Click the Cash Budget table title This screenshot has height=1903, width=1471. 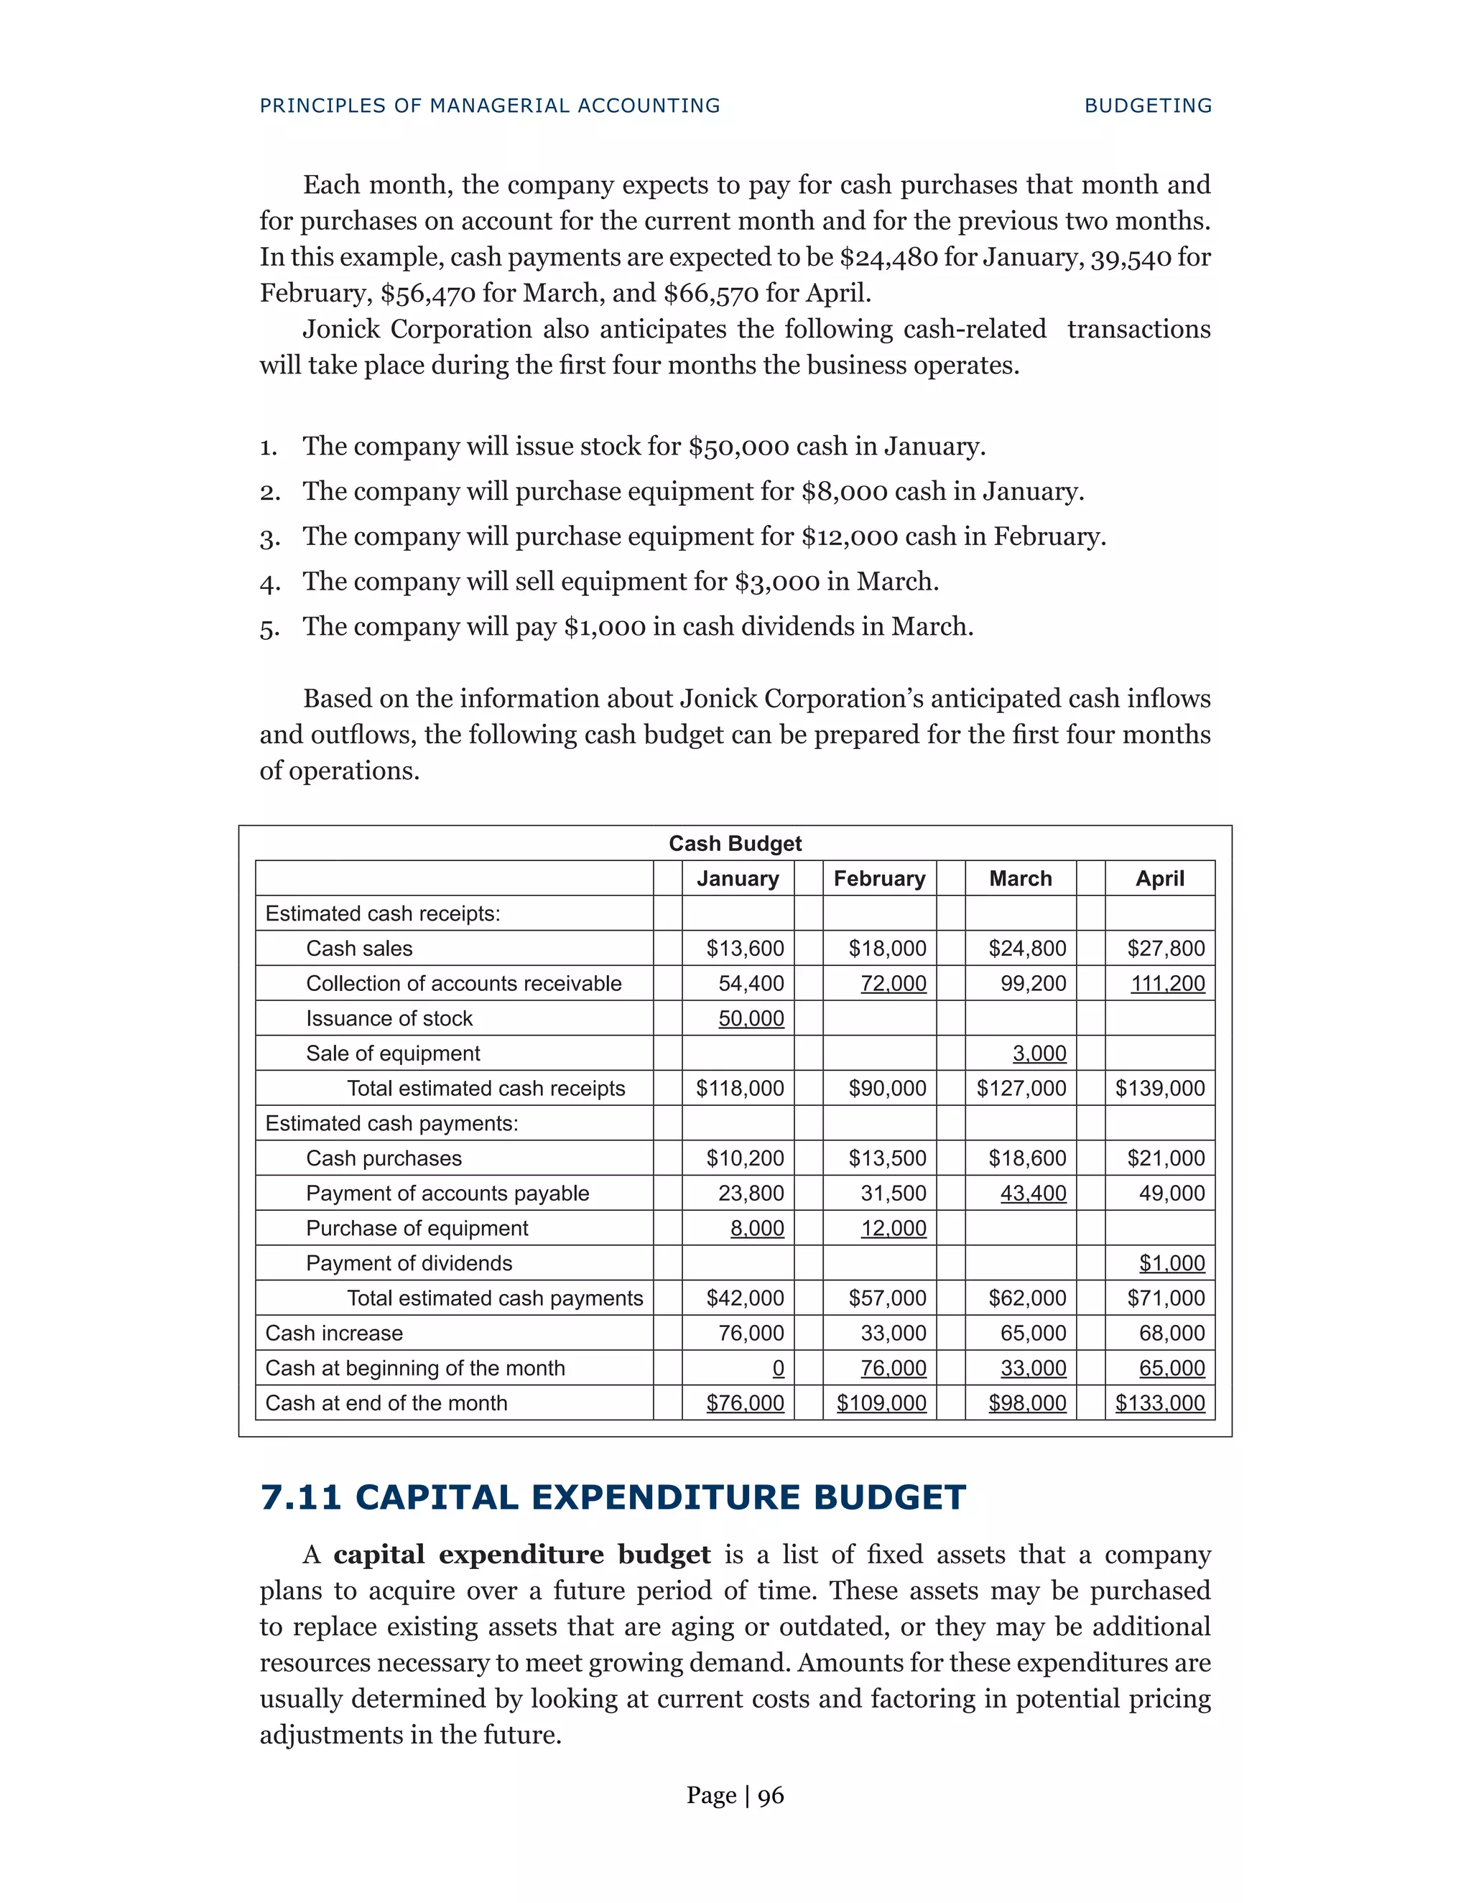735,844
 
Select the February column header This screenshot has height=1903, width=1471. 878,878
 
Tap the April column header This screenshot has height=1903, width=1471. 1159,878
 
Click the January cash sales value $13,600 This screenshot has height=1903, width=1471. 744,948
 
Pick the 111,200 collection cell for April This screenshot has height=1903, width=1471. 1167,984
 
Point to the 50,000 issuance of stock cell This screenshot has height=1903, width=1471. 751,1018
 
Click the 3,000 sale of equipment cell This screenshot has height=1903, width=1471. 1039,1053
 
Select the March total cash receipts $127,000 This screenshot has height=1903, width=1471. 1021,1088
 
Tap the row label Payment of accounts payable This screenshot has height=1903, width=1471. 447,1193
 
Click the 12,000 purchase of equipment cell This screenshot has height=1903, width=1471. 894,1229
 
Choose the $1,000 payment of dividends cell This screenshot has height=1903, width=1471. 1171,1263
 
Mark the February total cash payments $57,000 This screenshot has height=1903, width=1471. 887,1298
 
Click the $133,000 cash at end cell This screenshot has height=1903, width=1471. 1160,1403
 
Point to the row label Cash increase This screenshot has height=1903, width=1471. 334,1333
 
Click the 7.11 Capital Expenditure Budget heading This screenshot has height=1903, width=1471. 613,1498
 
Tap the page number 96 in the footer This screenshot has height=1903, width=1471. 771,1796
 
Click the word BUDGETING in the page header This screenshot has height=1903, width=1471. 1148,106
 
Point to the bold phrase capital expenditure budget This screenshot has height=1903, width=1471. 521,1555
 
